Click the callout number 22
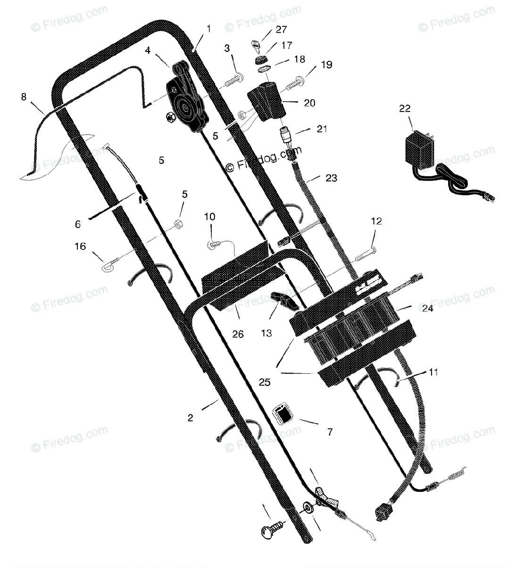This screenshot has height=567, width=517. (x=405, y=109)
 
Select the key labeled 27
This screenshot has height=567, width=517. (x=257, y=46)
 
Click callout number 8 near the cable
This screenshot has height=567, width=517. (x=24, y=97)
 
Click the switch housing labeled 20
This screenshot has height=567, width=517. (x=267, y=102)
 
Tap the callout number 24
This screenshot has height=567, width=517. (x=427, y=308)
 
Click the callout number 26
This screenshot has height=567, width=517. (x=238, y=334)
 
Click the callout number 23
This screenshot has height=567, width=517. (x=331, y=178)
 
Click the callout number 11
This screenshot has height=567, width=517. (x=433, y=372)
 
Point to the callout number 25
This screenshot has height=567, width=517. (x=265, y=382)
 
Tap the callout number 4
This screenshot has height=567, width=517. (x=148, y=51)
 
